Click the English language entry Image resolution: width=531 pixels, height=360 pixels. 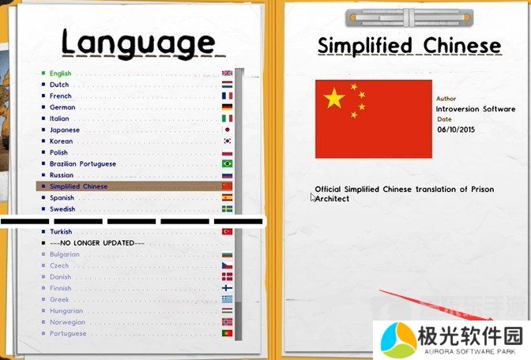pos(60,73)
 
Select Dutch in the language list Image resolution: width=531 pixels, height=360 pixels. pos(59,84)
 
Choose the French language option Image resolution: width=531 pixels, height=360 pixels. pos(60,96)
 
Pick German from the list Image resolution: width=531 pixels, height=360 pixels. pos(62,107)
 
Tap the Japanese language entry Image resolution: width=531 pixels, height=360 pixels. pos(64,130)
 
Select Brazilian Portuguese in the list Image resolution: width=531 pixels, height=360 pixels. pos(83,164)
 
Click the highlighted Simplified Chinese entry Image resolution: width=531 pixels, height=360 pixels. pos(78,187)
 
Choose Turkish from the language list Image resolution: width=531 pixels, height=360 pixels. pos(61,232)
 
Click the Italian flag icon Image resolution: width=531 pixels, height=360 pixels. pos(227,118)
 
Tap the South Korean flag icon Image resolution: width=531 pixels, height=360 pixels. pos(227,141)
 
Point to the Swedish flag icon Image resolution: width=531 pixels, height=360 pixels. pos(227,209)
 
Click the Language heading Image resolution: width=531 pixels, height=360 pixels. pos(137,43)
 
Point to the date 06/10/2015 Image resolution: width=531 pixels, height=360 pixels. pos(457,129)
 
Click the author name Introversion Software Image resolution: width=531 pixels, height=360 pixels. pos(476,109)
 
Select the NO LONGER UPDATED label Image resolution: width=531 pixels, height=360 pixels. pos(96,243)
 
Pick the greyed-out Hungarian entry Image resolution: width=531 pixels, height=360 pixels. pos(66,311)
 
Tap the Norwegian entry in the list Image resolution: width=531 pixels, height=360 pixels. pos(67,322)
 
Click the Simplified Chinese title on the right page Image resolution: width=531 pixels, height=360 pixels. pos(409,46)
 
